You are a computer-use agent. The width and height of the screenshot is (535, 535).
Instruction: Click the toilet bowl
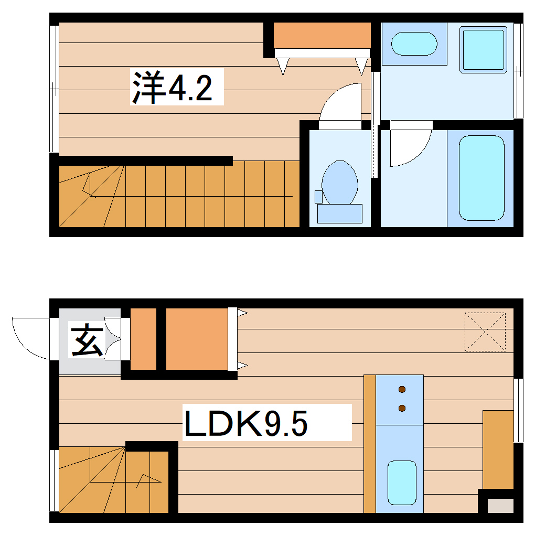coord(340,183)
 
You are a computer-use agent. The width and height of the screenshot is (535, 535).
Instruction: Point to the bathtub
coord(481,178)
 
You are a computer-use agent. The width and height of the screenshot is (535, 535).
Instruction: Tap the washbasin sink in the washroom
coord(414,44)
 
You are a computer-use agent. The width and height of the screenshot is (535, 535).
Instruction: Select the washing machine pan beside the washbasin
coord(483,50)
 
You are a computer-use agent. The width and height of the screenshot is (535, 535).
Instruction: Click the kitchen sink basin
coord(401,482)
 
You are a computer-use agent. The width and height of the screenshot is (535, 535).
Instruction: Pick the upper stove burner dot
coord(402,389)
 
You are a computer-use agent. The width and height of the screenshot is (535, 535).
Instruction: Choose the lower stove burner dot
coord(402,408)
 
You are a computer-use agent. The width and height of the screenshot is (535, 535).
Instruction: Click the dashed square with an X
coord(485,331)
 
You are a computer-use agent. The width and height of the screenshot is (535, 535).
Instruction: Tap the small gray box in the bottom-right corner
coord(501,506)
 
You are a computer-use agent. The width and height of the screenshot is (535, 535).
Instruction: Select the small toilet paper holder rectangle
coord(318,197)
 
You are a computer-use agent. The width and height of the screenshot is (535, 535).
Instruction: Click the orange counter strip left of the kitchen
coord(369,444)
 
